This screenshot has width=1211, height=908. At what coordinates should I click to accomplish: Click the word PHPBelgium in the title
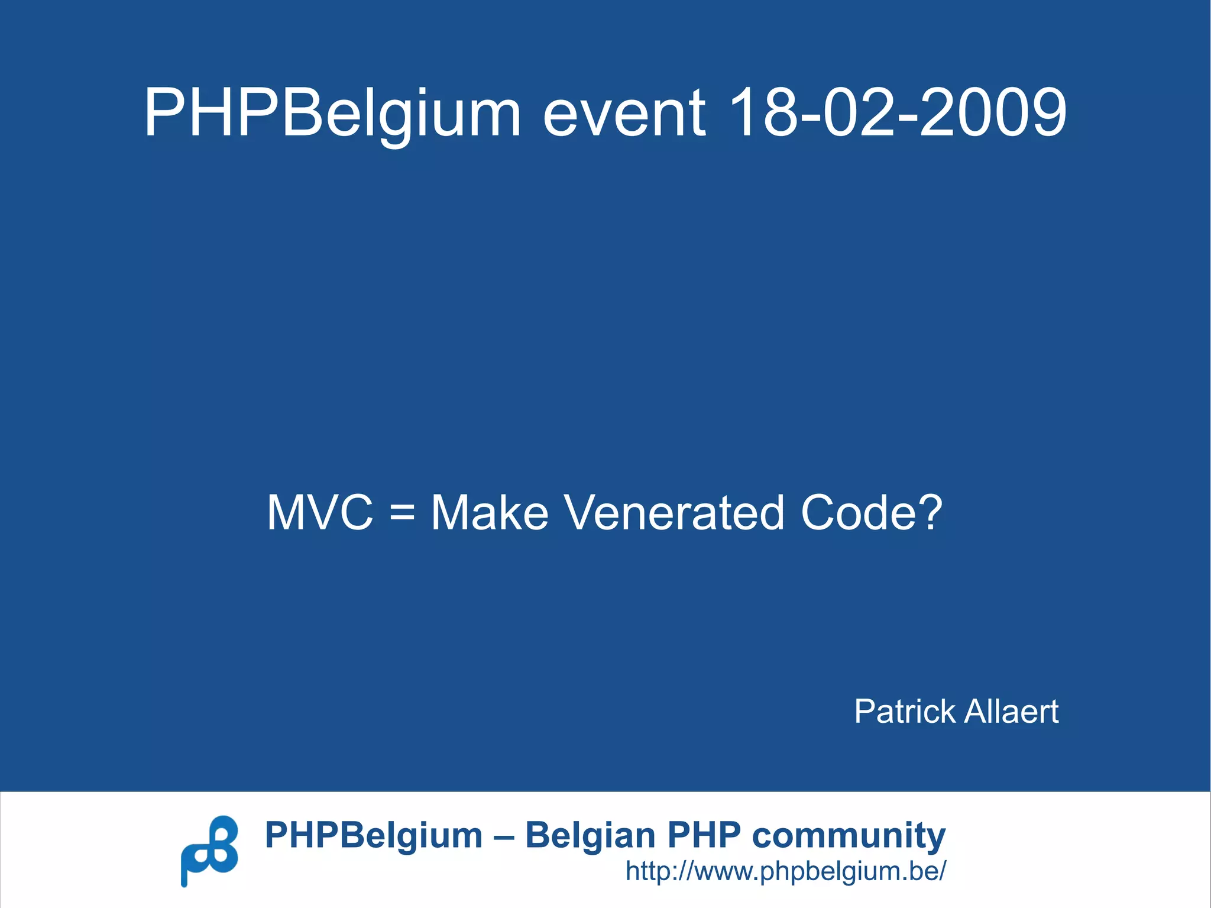click(332, 112)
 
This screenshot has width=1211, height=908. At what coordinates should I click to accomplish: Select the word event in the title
click(624, 112)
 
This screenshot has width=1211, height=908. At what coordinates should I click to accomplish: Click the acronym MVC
click(320, 512)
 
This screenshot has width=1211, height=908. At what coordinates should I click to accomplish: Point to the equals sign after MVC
click(402, 513)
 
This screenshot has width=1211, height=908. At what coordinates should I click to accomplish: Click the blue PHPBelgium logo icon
click(209, 851)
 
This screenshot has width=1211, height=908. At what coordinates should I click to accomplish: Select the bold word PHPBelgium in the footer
click(374, 836)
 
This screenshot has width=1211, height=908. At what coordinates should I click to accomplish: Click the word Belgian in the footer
click(590, 836)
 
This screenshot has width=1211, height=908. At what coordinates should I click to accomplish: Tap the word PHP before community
click(704, 836)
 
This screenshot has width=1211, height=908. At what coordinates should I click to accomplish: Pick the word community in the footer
click(849, 836)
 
